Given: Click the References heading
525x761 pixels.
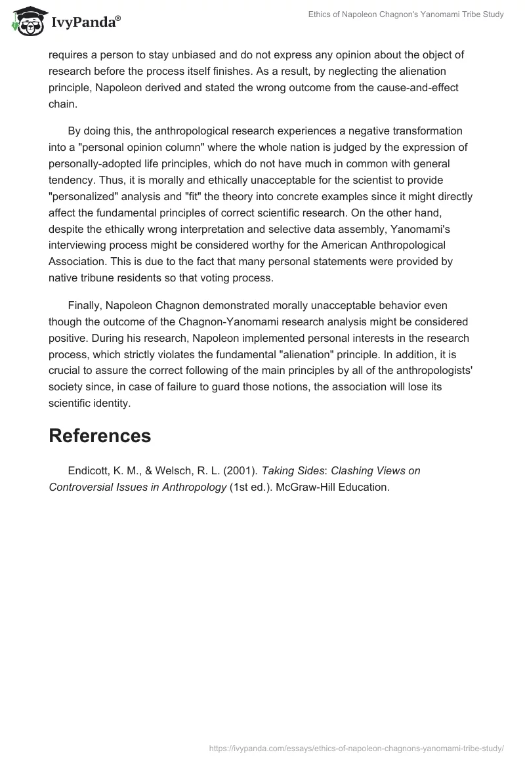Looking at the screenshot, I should point(100,436).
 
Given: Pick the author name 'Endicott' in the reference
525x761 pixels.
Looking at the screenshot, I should point(89,470).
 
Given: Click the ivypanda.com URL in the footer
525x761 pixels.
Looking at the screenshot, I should point(356,748).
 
